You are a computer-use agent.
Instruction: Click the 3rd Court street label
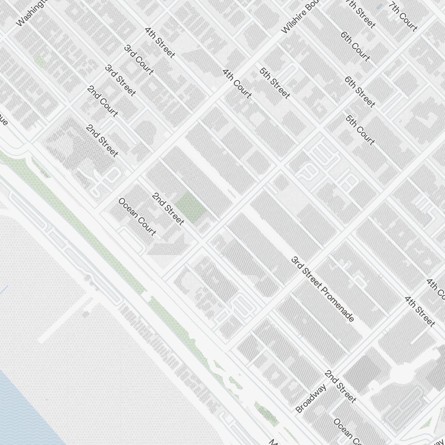(x=139, y=60)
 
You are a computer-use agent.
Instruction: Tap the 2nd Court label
(x=102, y=101)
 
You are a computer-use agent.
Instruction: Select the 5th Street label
(x=275, y=83)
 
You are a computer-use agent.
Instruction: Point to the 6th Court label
(x=355, y=46)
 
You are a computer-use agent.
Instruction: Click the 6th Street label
(x=360, y=92)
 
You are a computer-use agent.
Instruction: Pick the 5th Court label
(x=360, y=130)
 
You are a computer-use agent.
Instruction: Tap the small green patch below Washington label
(x=40, y=61)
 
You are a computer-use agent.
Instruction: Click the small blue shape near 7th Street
(x=379, y=7)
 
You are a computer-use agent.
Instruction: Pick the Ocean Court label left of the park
(x=137, y=217)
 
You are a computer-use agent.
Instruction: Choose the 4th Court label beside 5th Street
(x=237, y=83)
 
